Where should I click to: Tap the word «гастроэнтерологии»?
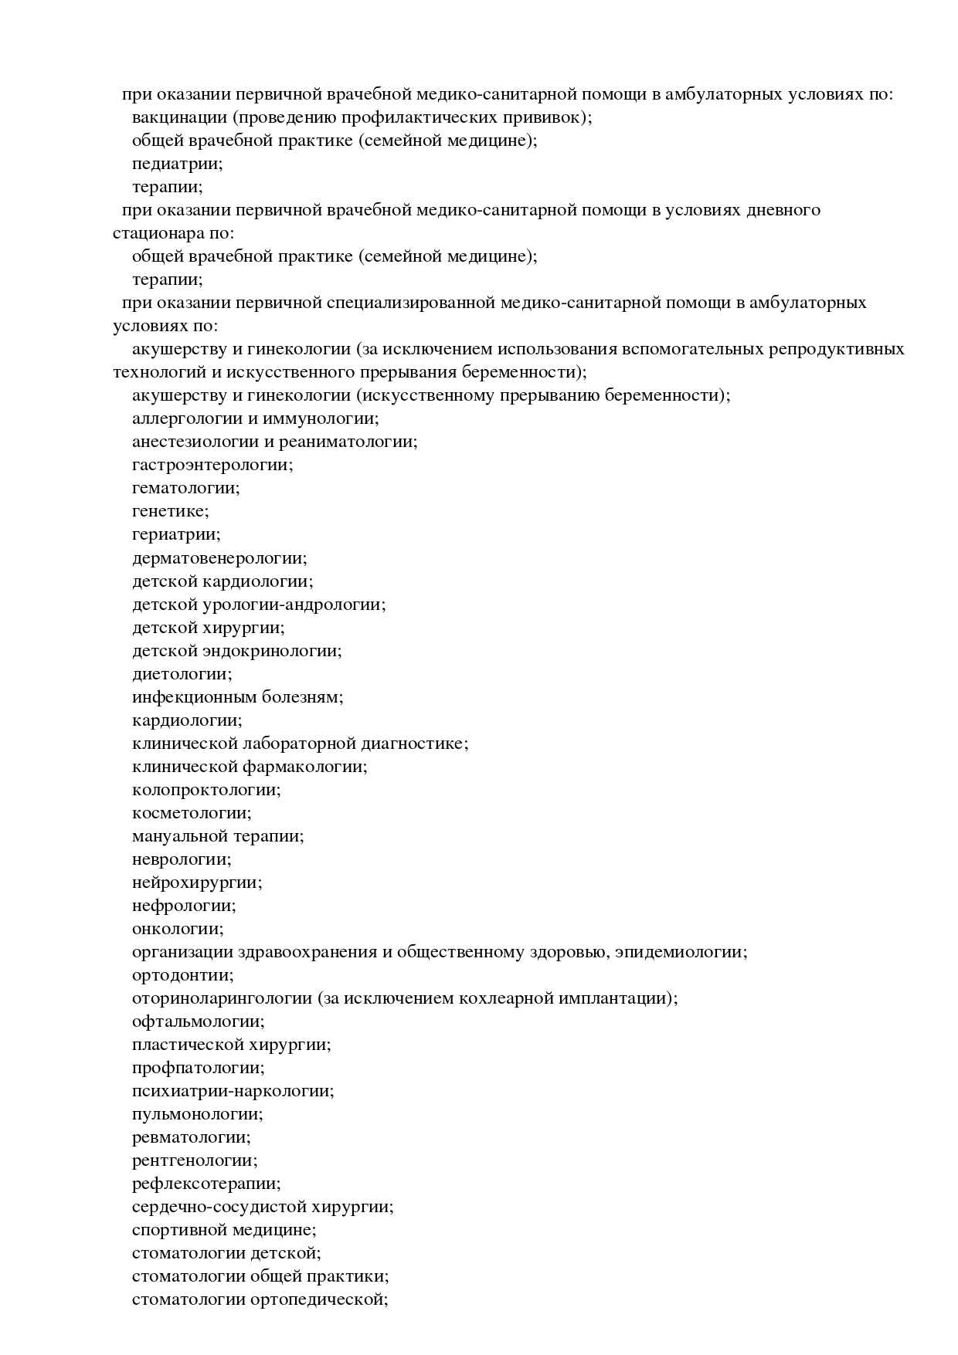click(211, 465)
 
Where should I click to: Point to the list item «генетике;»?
click(170, 511)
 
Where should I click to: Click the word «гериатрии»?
click(175, 534)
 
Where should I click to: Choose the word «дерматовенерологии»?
click(218, 557)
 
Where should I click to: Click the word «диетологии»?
click(180, 673)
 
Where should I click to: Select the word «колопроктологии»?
click(205, 790)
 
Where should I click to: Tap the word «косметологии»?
click(190, 813)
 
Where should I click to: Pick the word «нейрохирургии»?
click(195, 882)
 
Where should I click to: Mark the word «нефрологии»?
click(182, 906)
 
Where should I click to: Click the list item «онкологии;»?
click(177, 929)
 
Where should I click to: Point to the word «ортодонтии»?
click(181, 975)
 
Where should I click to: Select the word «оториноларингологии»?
click(222, 998)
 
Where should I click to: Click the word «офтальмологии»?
click(196, 1021)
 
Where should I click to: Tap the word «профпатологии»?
click(196, 1068)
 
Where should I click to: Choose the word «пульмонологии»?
click(195, 1114)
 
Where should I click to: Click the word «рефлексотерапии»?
click(205, 1184)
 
